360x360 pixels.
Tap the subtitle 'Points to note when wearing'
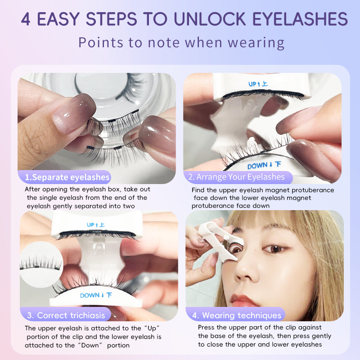coord(181,42)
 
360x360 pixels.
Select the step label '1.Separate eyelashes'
coord(67,177)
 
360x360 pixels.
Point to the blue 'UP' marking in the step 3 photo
coord(91,224)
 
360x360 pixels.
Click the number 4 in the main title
coord(26,19)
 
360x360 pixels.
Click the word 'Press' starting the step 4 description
coord(207,328)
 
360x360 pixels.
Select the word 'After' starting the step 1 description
coord(33,189)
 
